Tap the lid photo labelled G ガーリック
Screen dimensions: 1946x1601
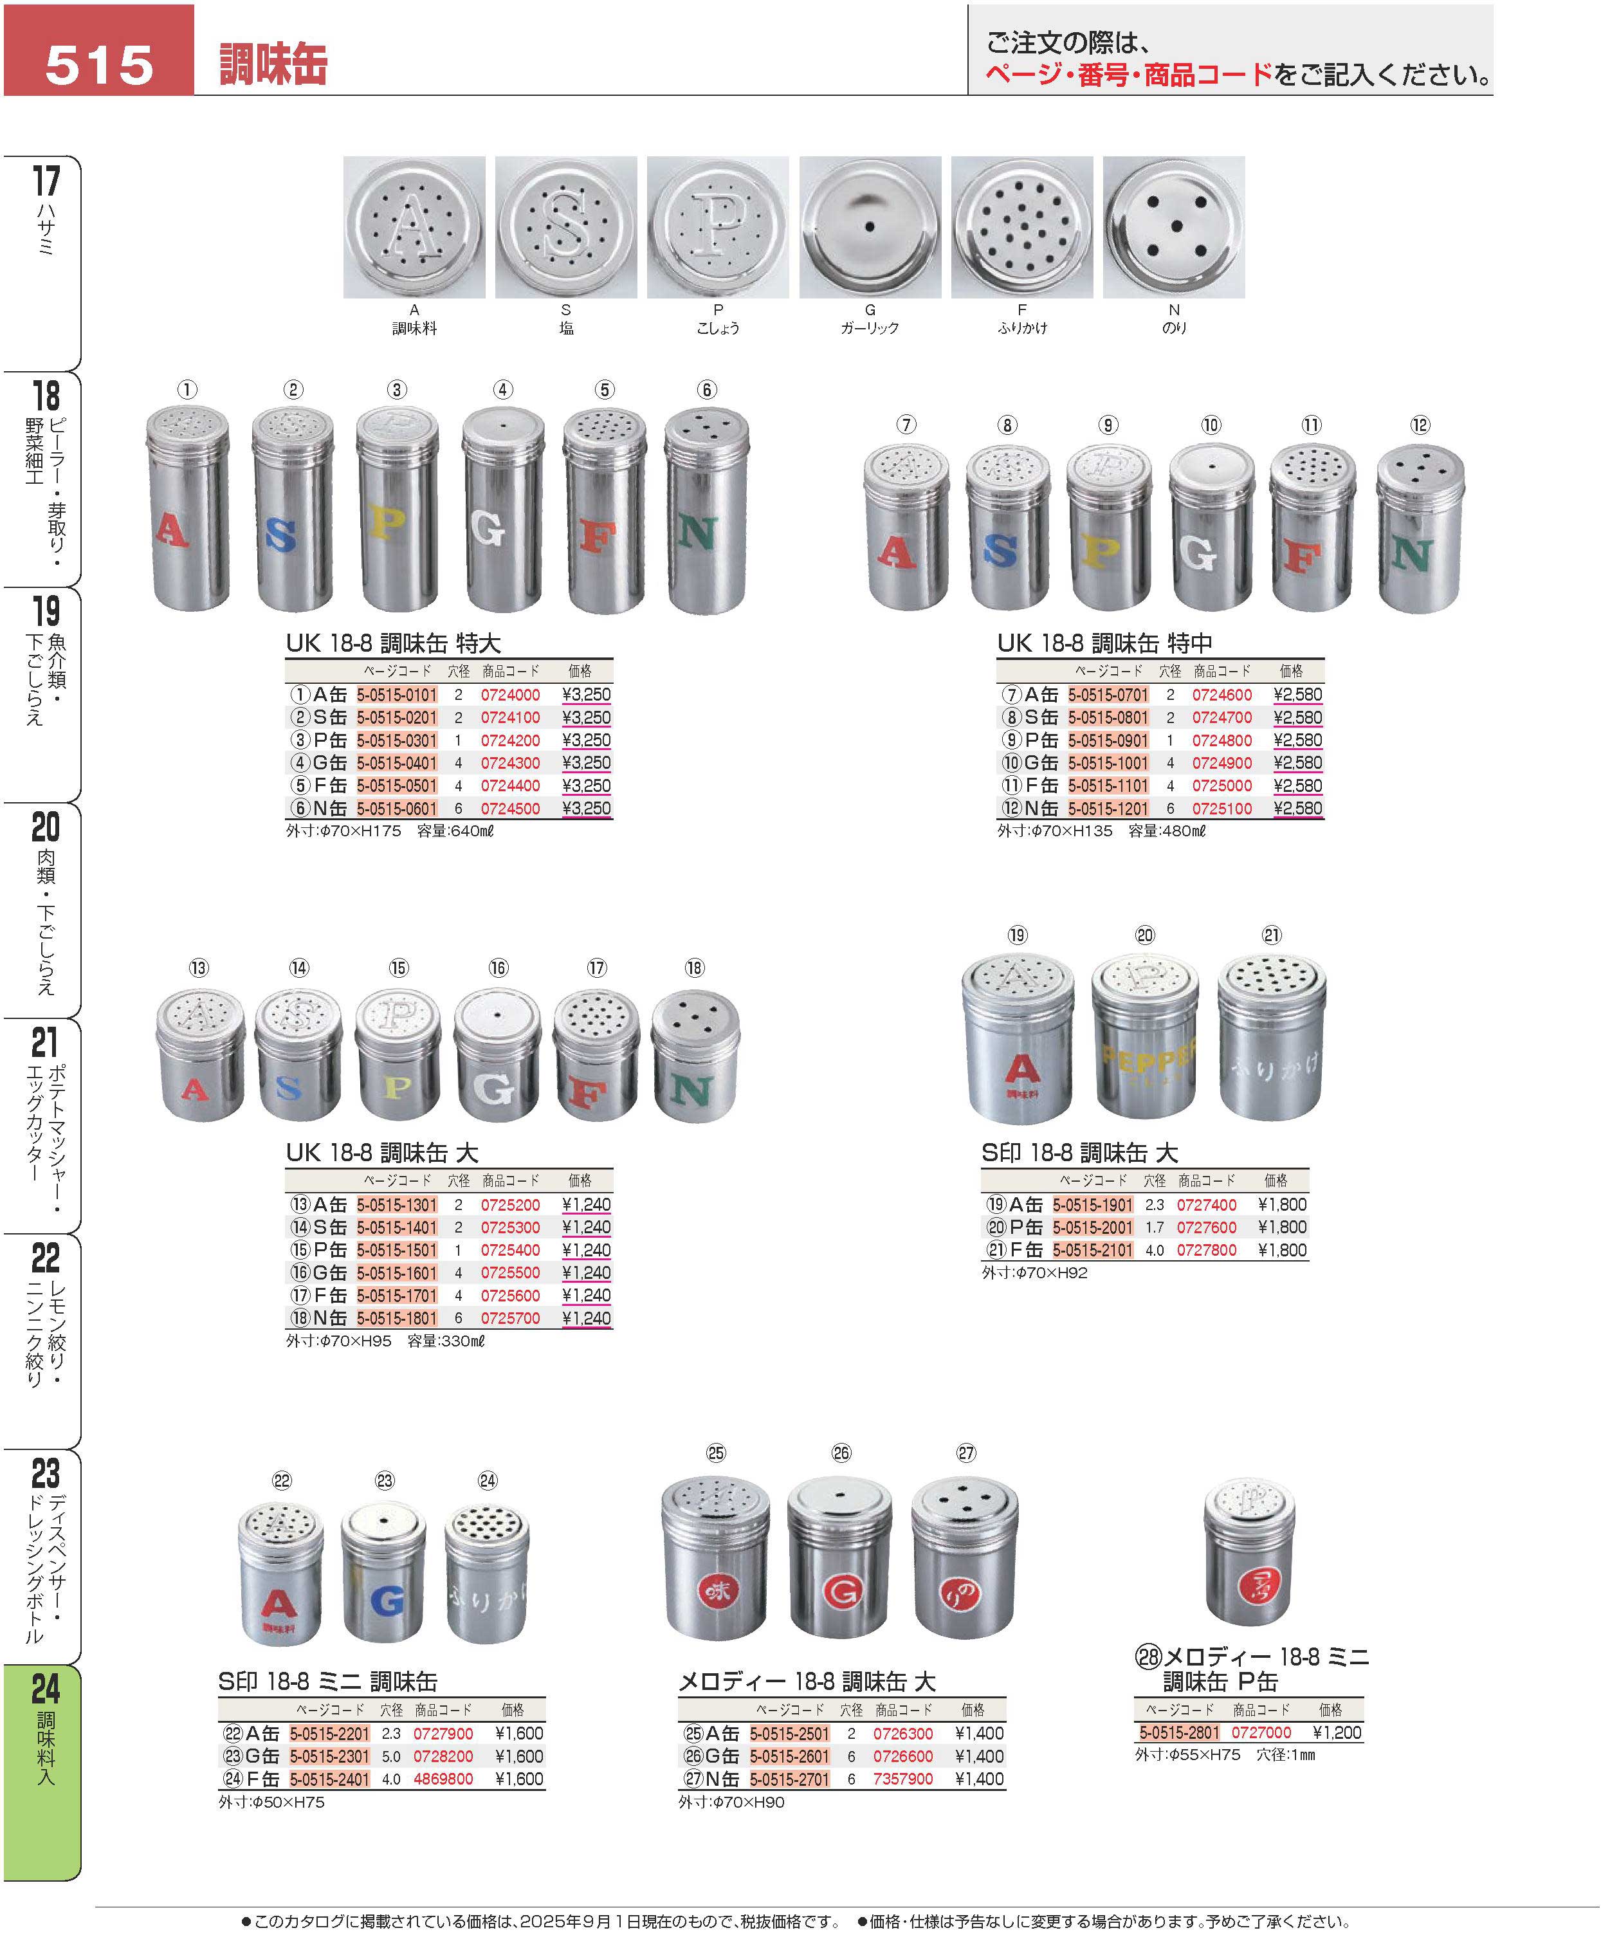(x=870, y=227)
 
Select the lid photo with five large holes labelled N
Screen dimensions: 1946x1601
(x=1173, y=227)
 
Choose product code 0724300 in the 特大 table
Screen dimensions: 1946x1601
(x=510, y=763)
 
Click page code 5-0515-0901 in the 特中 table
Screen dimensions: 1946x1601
(x=1108, y=740)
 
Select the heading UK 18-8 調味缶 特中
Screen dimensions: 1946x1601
(x=1104, y=643)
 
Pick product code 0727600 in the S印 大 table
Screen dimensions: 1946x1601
(x=1206, y=1227)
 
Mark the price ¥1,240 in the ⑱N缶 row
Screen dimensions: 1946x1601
(x=587, y=1318)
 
